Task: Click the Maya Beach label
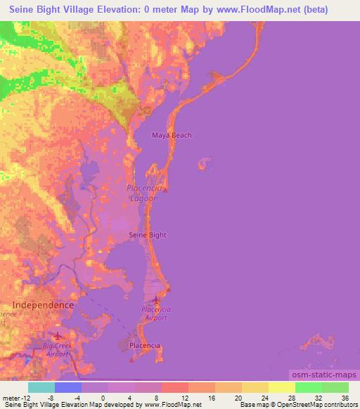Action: (x=172, y=135)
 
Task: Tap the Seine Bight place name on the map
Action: (x=148, y=235)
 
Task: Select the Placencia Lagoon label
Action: (x=144, y=193)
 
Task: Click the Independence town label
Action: (x=44, y=305)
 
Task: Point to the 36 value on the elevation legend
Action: (x=345, y=397)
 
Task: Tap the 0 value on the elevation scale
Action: (x=103, y=397)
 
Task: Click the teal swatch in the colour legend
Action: (x=41, y=387)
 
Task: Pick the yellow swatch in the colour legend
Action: (x=282, y=387)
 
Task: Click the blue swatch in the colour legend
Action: (x=68, y=387)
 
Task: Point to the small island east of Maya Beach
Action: (x=204, y=164)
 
